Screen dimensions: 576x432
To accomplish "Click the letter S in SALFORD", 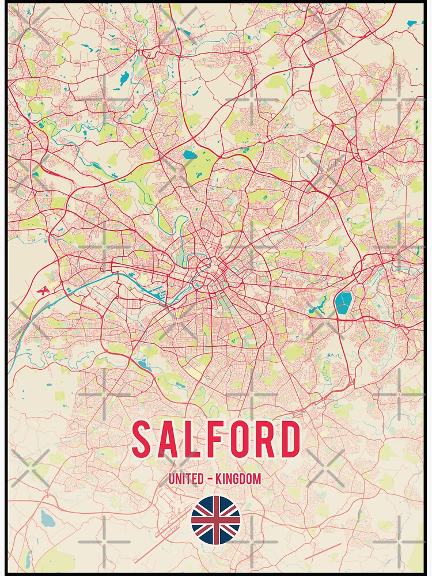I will click(142, 439).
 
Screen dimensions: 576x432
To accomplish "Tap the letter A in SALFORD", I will click(166, 439).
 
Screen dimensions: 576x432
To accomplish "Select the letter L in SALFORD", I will click(190, 439).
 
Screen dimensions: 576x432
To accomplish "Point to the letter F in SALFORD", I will click(213, 439).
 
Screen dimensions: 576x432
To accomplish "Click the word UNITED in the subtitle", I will click(184, 479).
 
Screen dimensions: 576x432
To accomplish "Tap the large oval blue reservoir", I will click(343, 302).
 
